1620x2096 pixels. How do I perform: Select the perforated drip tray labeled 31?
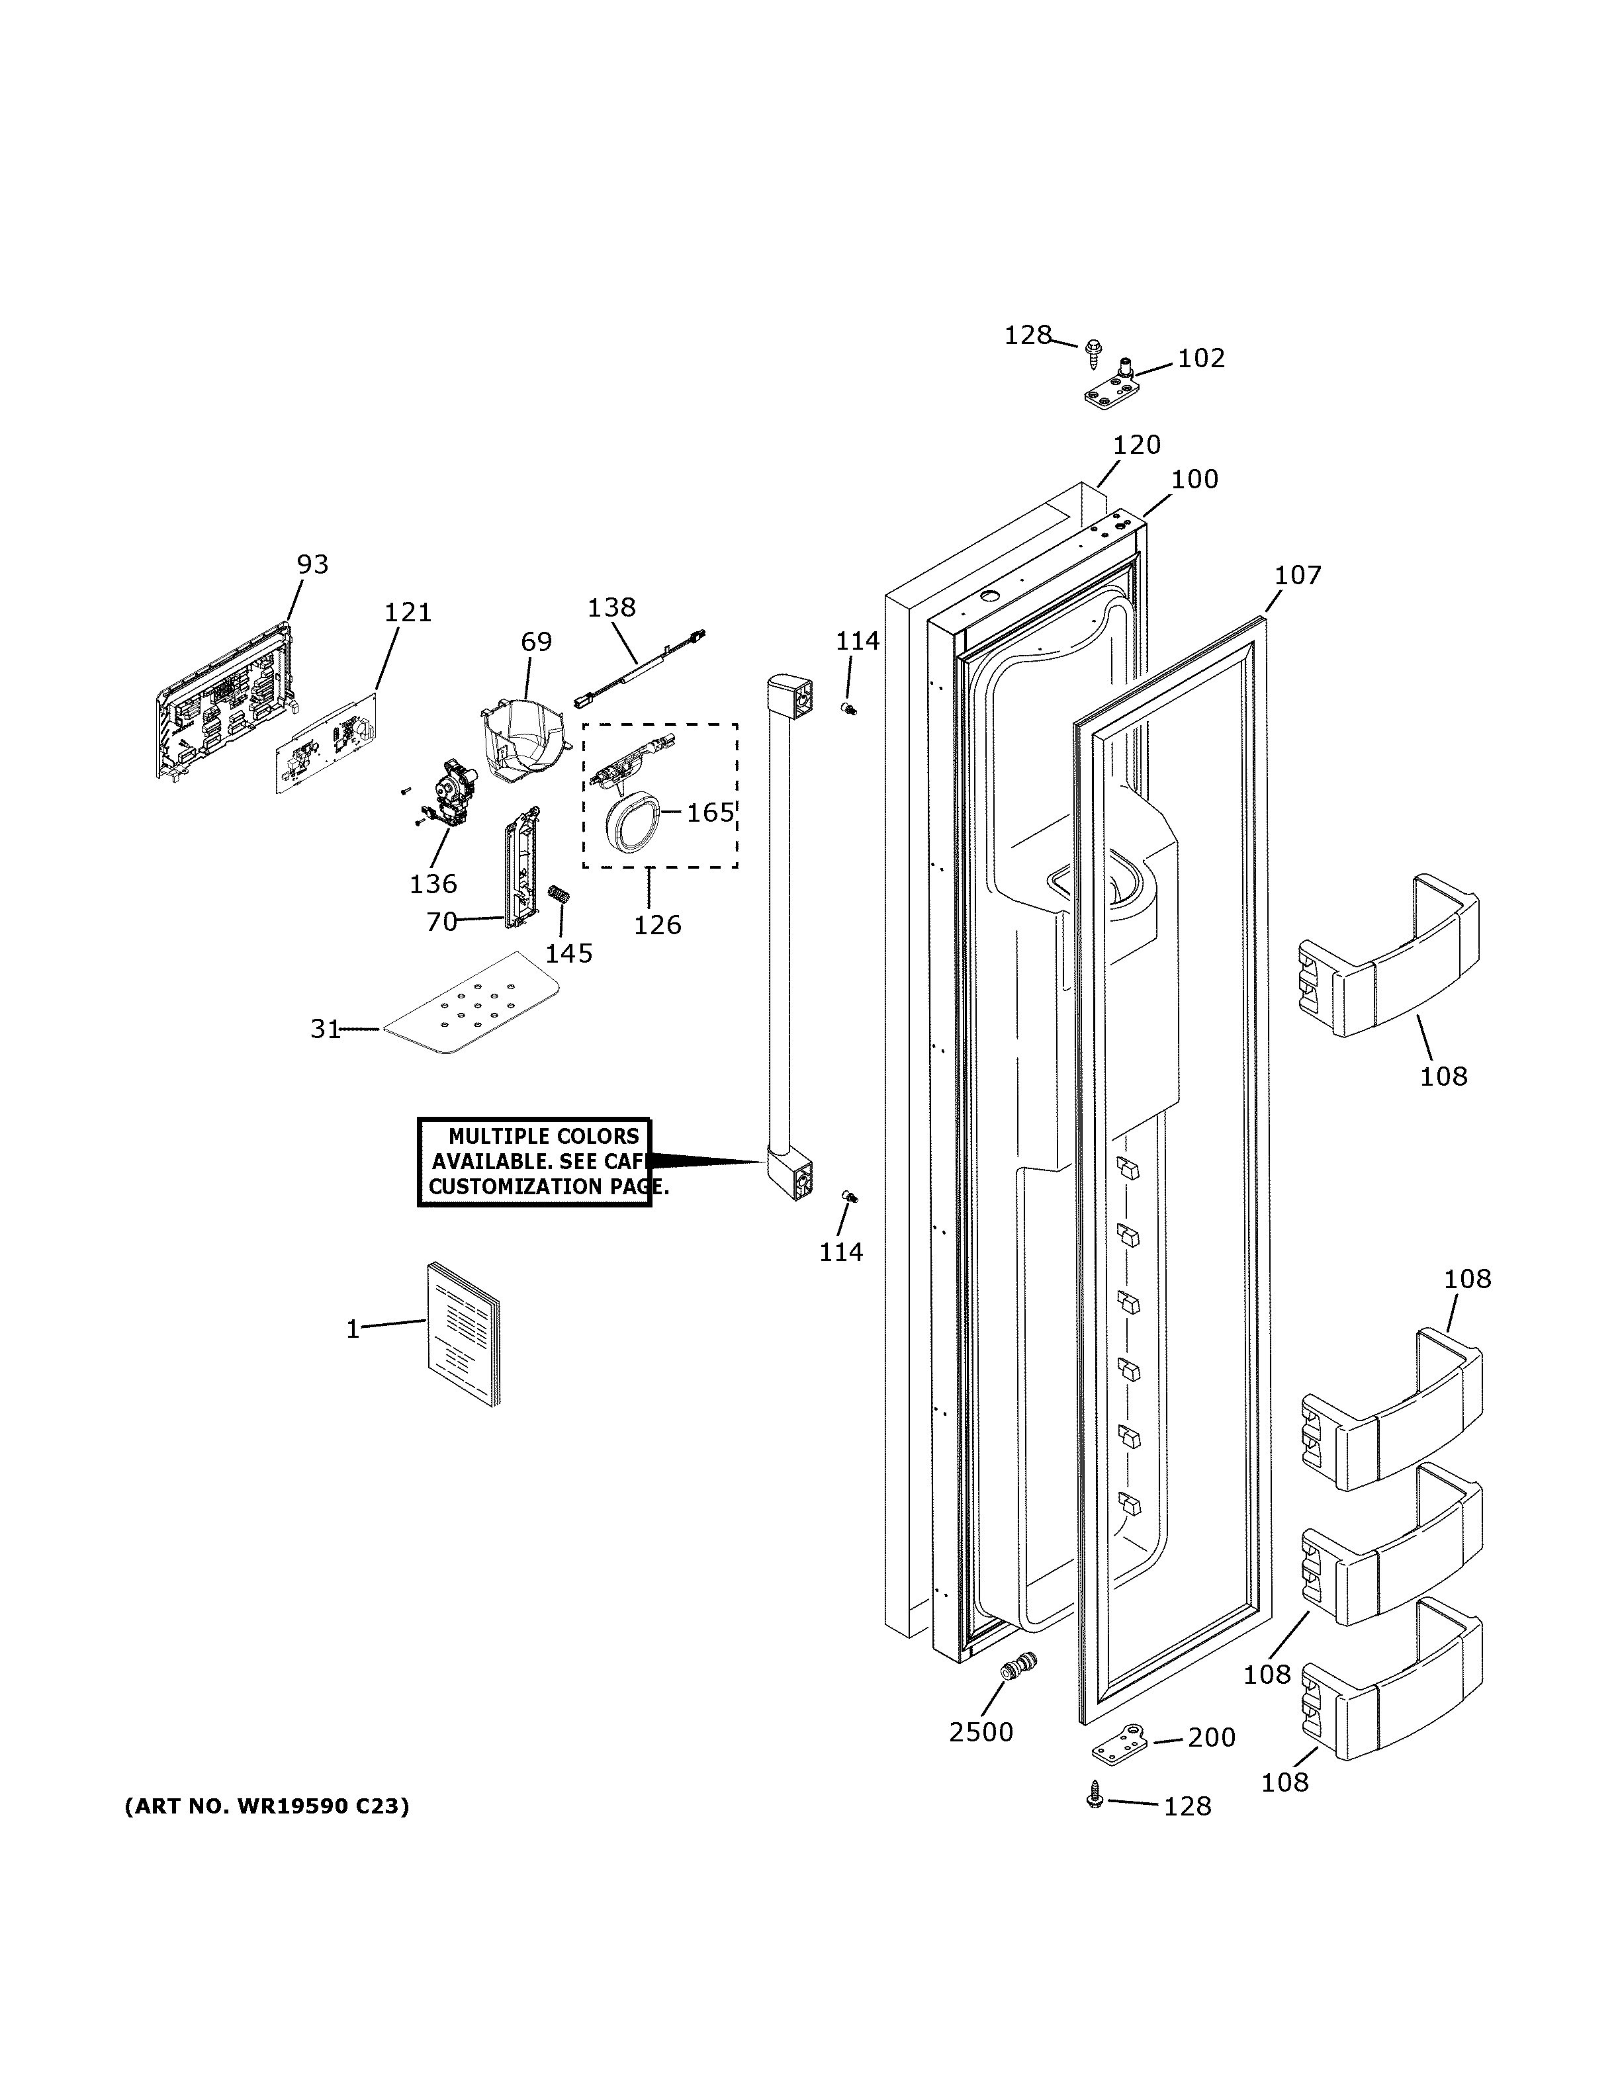(x=471, y=1003)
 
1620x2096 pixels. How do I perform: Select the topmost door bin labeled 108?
(x=1388, y=957)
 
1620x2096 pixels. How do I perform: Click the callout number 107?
(x=1298, y=576)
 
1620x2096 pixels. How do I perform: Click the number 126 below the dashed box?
(x=657, y=925)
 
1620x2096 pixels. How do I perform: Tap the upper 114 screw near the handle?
(x=848, y=709)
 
